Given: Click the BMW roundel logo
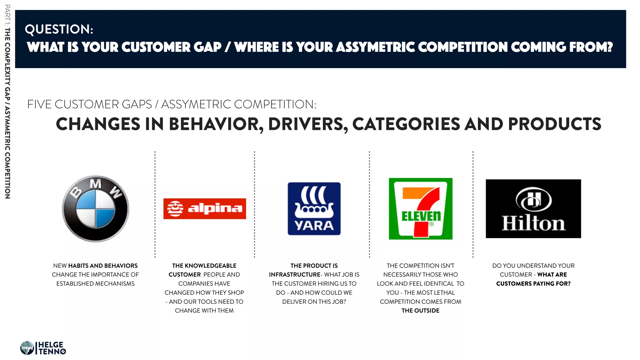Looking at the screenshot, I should point(96,209).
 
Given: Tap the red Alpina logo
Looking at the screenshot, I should point(204,209).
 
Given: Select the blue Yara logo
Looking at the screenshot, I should point(314,209).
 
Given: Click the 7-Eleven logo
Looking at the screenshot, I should point(420,209).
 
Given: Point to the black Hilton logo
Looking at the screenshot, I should point(533,209).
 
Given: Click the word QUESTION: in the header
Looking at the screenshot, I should point(59,29).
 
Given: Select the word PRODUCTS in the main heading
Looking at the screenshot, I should point(554,124).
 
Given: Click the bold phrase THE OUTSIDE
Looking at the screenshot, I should point(420,311).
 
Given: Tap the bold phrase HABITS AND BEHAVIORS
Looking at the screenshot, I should point(103,266).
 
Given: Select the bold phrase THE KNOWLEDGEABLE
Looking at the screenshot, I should point(204,266).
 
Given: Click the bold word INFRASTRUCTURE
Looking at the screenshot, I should point(294,275).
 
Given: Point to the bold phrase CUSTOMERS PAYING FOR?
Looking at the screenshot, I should point(533,284).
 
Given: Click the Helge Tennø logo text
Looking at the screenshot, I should point(52,348).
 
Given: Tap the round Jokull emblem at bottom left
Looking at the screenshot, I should point(27,348).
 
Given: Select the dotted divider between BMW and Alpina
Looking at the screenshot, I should point(155,205).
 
